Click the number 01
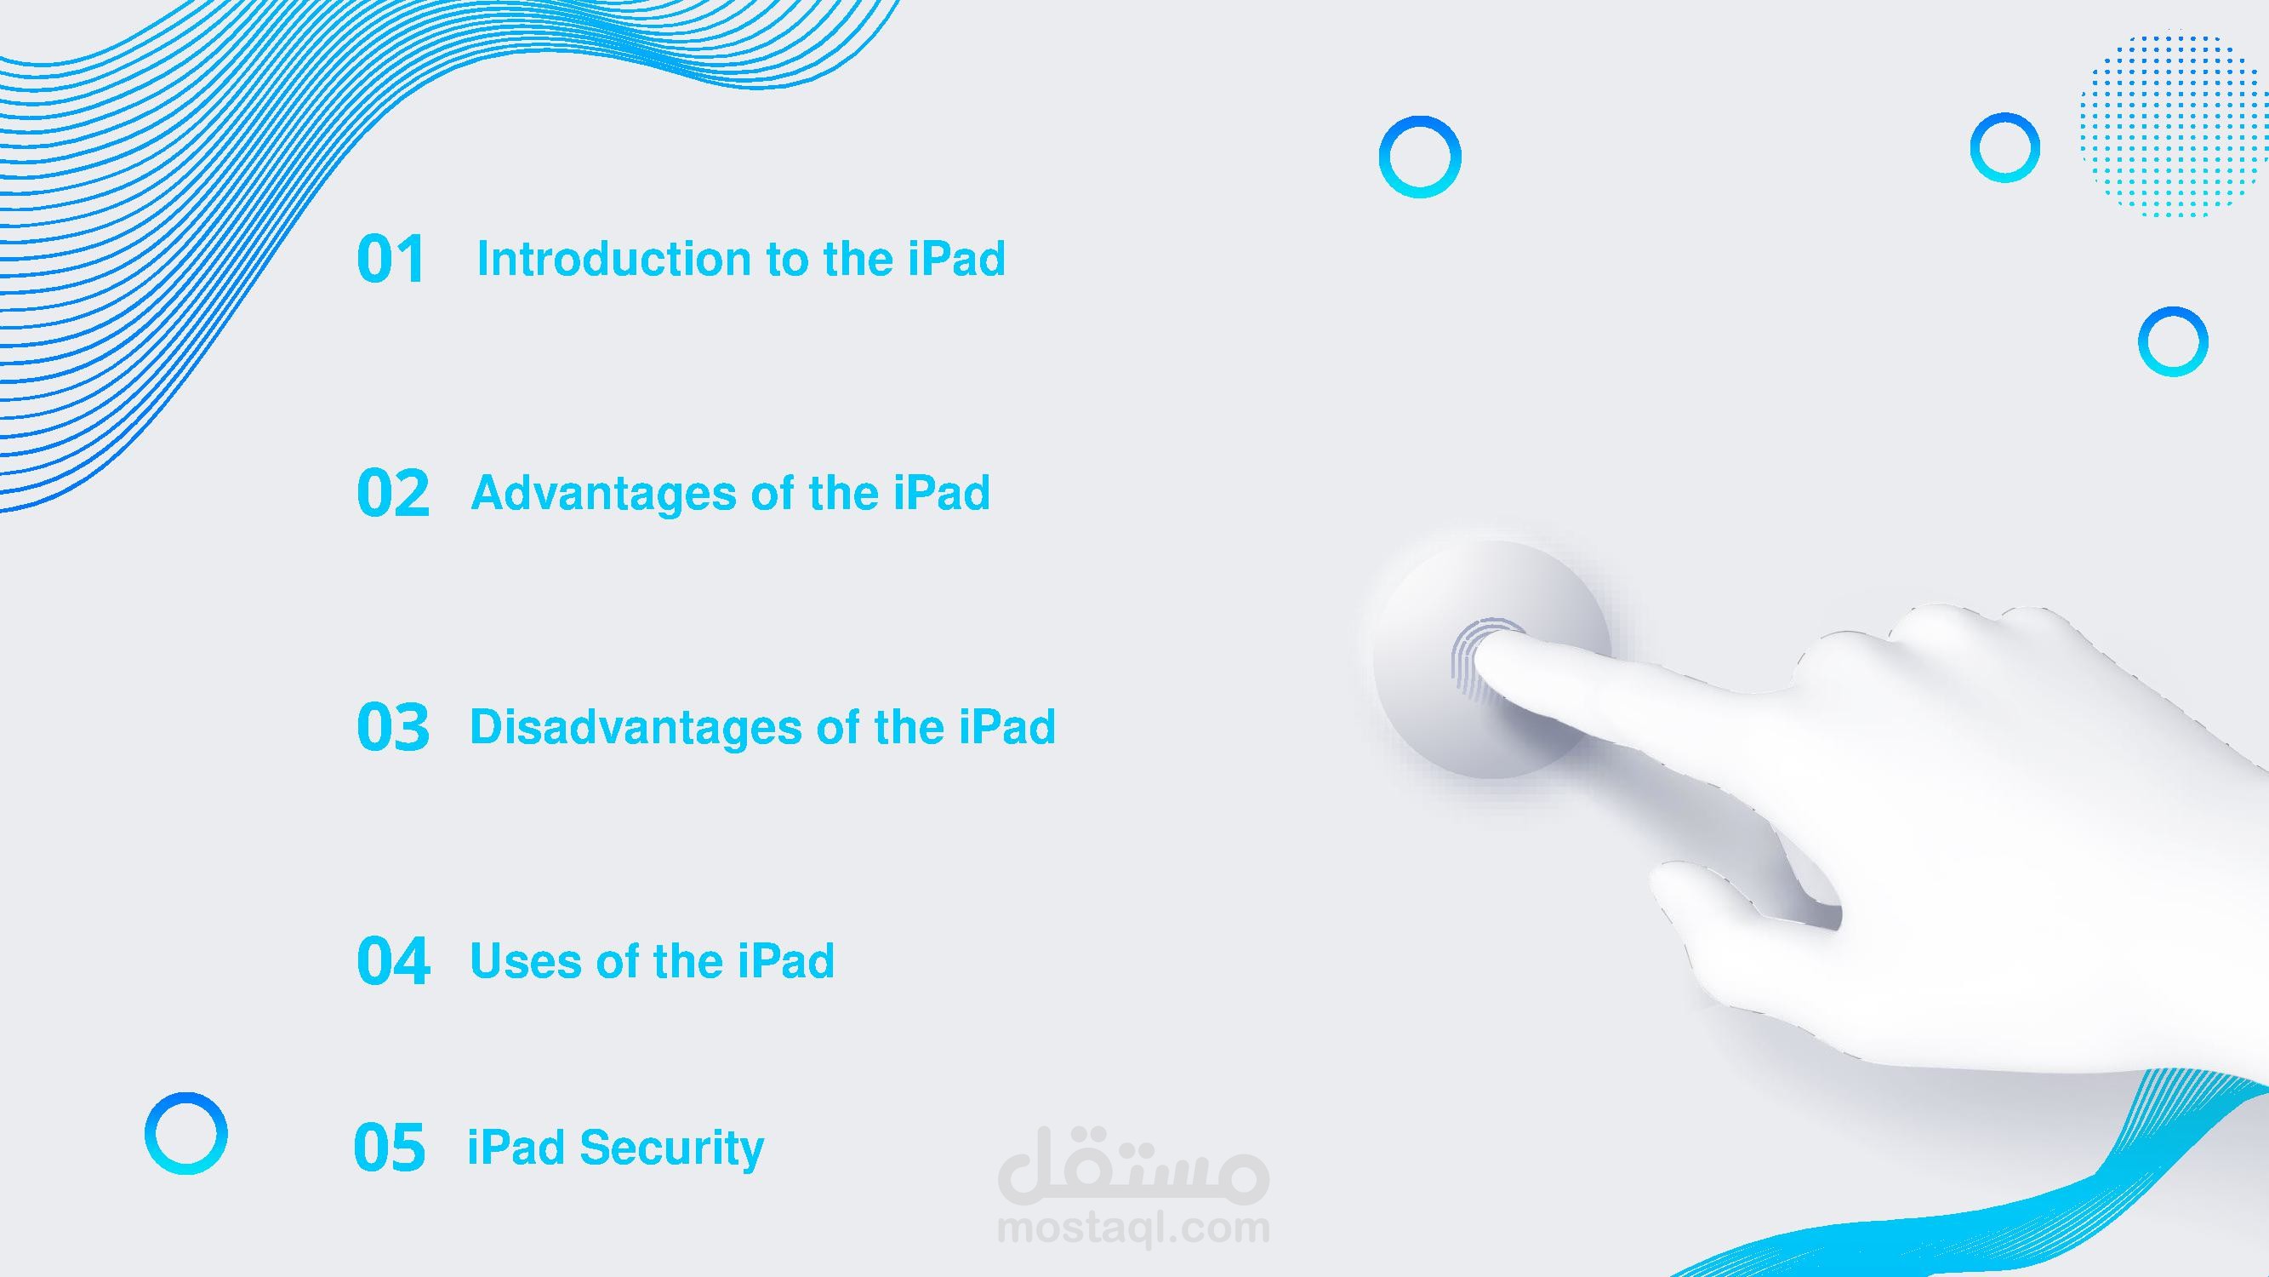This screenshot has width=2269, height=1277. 391,259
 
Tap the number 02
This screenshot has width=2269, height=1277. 393,493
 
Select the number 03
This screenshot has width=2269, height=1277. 393,727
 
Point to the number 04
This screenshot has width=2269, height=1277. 393,960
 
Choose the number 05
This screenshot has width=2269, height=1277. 390,1148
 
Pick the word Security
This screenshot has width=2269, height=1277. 671,1149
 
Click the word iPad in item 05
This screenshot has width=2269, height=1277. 516,1148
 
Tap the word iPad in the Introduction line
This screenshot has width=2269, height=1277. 956,259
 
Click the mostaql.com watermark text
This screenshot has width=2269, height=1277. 1133,1228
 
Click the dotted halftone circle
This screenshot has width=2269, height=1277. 2170,125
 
